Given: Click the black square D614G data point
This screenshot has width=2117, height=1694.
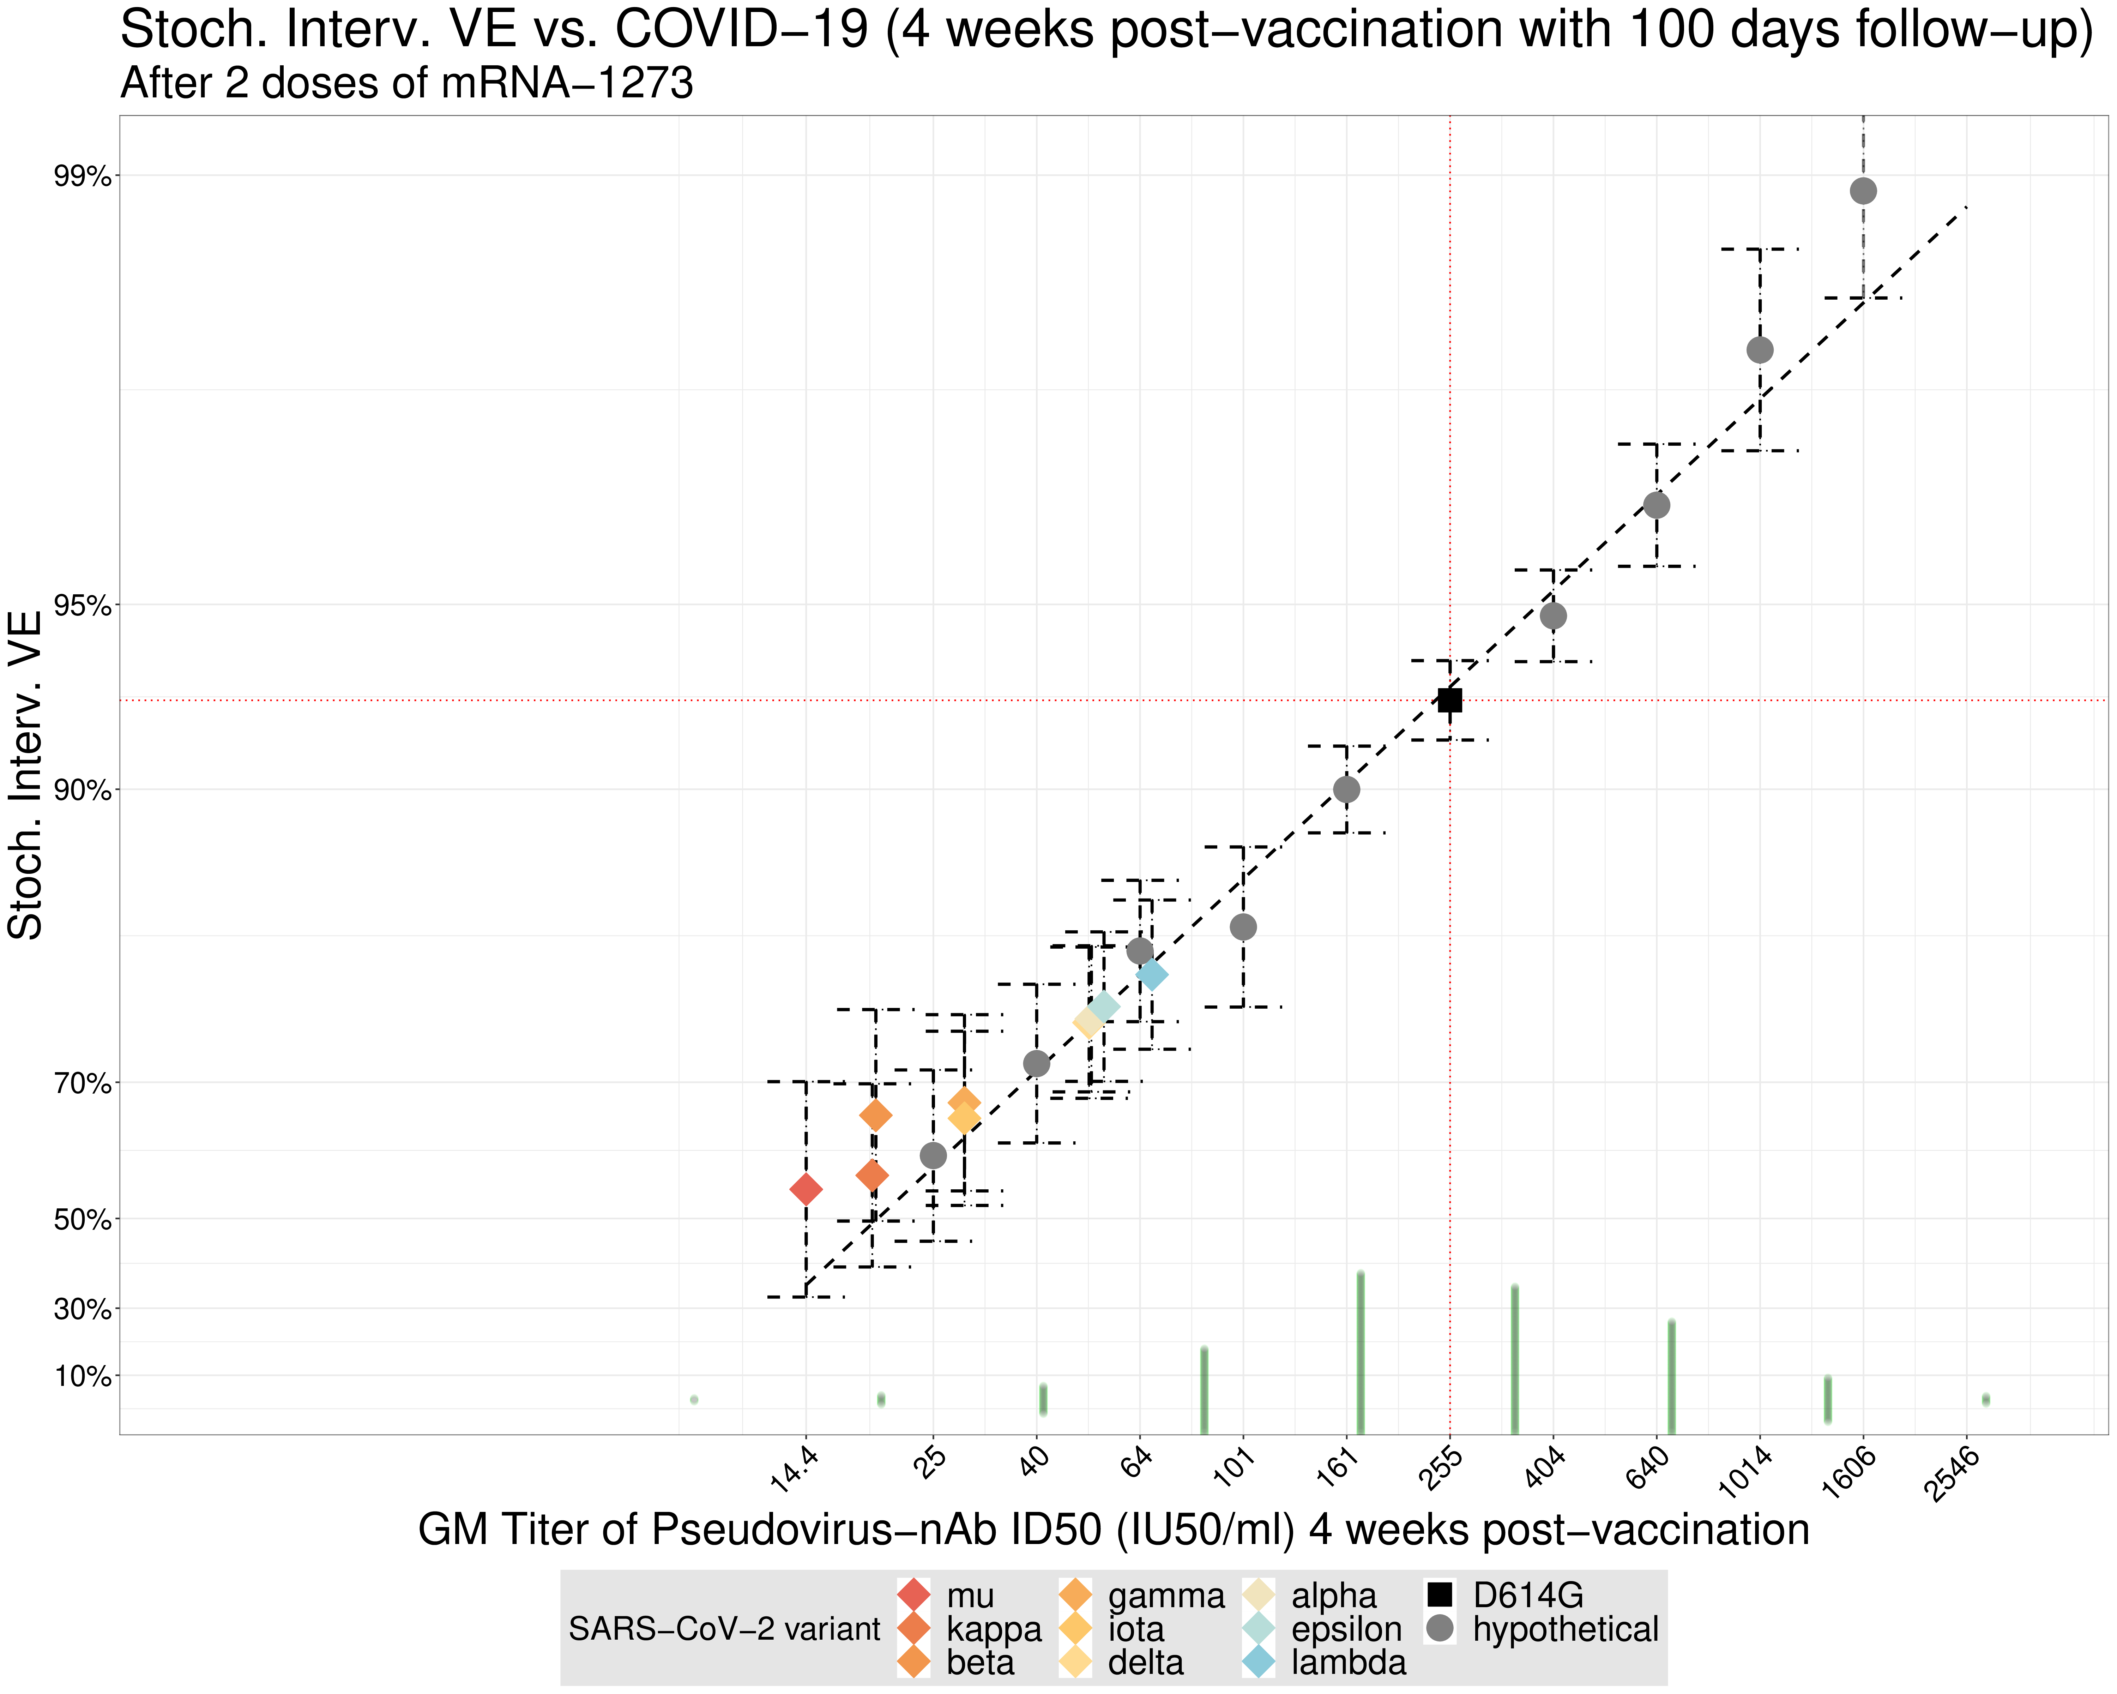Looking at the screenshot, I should [1449, 700].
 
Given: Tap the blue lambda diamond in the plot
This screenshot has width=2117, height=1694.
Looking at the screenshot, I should [1152, 975].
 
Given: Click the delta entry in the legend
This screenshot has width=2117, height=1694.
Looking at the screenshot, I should [1145, 1663].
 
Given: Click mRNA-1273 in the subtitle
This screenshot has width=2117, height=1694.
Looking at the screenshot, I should [567, 84].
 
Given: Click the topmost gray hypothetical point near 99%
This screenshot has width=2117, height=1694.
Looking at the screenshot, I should [1863, 191].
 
